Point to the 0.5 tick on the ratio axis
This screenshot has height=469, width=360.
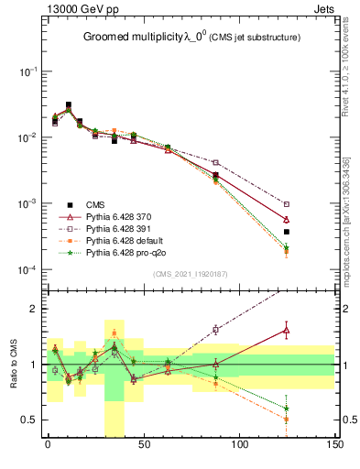point(27,420)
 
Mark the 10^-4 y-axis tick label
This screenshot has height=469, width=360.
point(25,269)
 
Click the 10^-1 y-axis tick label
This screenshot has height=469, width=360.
point(25,71)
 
